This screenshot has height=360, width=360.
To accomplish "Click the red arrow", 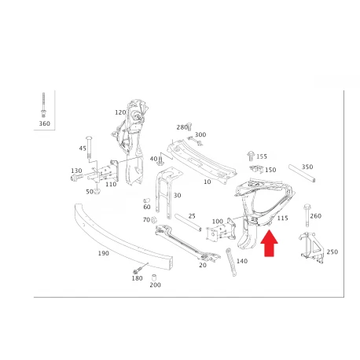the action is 269,244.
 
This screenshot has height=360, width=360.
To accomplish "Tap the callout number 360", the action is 45,123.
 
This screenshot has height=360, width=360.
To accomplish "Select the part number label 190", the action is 104,253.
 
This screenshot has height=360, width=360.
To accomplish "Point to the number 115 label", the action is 283,218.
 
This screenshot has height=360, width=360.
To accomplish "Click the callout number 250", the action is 332,252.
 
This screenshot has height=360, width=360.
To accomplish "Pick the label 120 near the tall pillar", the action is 120,112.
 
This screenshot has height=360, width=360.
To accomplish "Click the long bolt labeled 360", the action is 43,105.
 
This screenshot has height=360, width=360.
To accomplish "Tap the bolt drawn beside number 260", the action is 307,215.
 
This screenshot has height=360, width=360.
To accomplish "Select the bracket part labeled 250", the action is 311,247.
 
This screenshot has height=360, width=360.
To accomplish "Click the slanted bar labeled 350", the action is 302,173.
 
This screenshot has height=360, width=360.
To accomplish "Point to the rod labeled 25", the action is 188,222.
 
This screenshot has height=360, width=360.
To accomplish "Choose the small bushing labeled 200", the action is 155,277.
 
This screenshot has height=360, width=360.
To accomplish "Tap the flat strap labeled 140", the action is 231,262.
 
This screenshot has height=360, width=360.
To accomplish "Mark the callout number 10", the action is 208,182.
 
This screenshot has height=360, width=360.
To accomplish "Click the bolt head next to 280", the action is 189,127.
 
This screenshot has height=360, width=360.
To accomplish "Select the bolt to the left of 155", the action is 251,156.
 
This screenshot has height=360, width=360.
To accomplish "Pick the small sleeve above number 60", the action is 146,200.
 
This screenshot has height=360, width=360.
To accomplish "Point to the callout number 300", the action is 200,134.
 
